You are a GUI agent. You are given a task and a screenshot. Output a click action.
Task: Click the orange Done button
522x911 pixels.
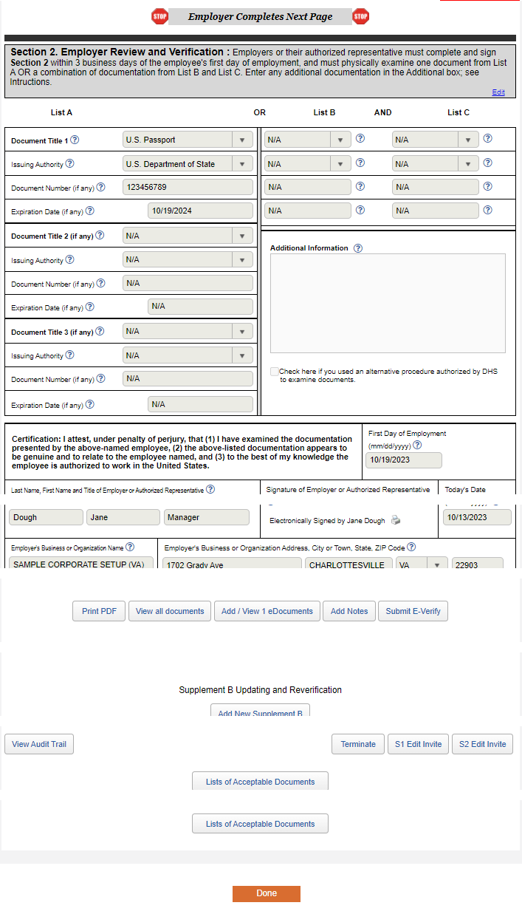pyautogui.click(x=266, y=893)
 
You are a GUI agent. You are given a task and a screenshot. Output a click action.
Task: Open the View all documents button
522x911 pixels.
pyautogui.click(x=170, y=611)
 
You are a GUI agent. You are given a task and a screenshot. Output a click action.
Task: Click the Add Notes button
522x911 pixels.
pyautogui.click(x=349, y=611)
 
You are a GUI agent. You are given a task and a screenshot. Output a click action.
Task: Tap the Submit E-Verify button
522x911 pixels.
pyautogui.click(x=413, y=611)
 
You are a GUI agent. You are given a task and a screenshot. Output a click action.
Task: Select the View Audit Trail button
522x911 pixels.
pyautogui.click(x=39, y=744)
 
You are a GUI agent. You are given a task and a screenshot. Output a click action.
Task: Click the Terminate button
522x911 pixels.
pyautogui.click(x=358, y=744)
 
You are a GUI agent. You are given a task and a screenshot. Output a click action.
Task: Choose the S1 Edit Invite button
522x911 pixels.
pyautogui.click(x=418, y=744)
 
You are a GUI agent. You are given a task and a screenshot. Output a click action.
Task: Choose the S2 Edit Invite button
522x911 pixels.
pyautogui.click(x=482, y=744)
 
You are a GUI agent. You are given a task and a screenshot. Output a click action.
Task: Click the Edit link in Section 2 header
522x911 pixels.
pyautogui.click(x=498, y=92)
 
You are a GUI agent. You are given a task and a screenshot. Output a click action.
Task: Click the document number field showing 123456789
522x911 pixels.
pyautogui.click(x=188, y=187)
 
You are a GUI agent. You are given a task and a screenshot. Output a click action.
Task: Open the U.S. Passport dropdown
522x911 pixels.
pyautogui.click(x=188, y=140)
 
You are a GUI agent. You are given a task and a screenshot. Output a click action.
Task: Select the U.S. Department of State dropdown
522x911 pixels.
pyautogui.click(x=188, y=164)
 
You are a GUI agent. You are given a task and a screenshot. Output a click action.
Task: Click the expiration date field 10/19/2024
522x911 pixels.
pyautogui.click(x=200, y=211)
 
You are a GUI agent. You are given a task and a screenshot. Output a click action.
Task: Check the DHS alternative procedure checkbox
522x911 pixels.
pyautogui.click(x=275, y=372)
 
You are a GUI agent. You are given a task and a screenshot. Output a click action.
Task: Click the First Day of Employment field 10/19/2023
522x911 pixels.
pyautogui.click(x=403, y=460)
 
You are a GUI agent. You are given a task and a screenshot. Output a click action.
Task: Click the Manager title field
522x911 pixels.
pyautogui.click(x=207, y=517)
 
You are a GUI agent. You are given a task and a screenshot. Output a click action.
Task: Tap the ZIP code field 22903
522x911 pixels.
pyautogui.click(x=477, y=564)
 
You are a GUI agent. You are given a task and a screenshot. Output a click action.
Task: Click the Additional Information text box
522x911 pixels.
pyautogui.click(x=388, y=303)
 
